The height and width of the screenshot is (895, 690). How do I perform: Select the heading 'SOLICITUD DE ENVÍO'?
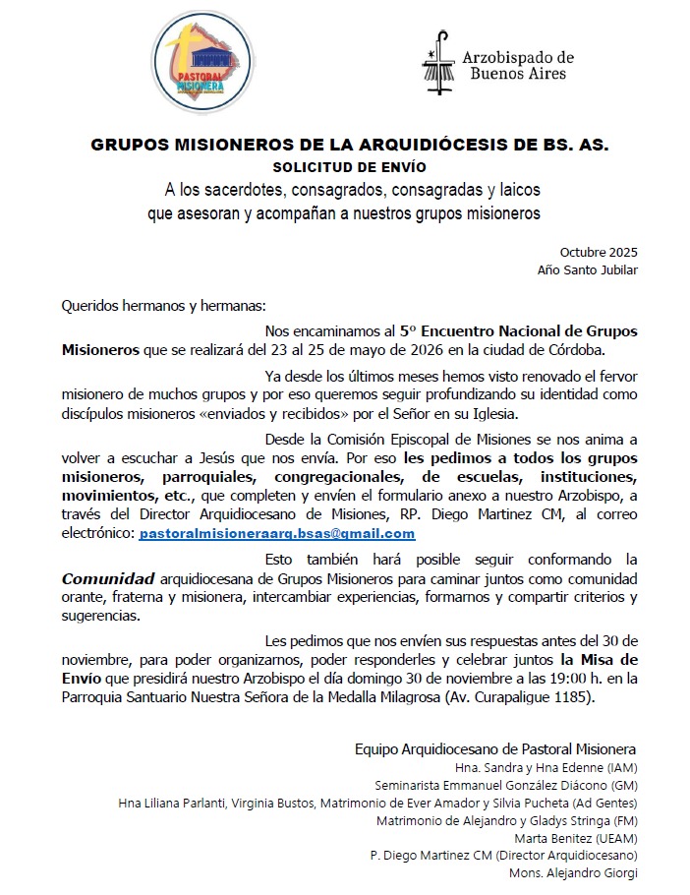[x=349, y=166]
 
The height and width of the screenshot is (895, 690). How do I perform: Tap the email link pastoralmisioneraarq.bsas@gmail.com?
[x=277, y=533]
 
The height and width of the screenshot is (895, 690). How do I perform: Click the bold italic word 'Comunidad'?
[x=104, y=578]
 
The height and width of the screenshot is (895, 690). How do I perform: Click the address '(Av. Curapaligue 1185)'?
[x=519, y=697]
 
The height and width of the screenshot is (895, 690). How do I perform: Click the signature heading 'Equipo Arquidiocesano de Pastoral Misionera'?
[x=495, y=748]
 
